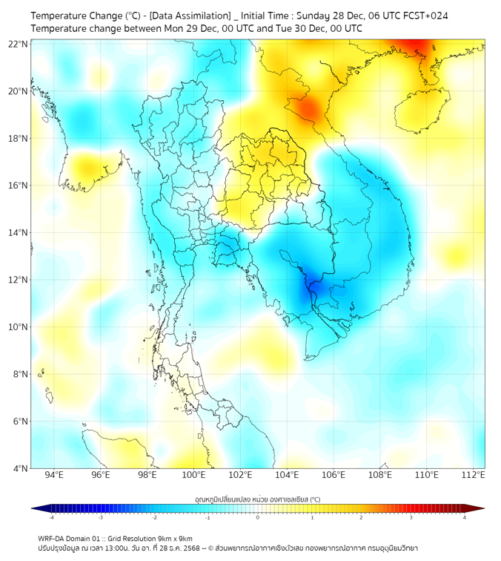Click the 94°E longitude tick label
(x=54, y=475)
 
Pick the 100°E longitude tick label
(x=193, y=475)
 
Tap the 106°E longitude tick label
(x=334, y=475)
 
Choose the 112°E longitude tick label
(x=474, y=475)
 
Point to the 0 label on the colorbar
(x=259, y=517)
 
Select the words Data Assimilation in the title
(x=190, y=16)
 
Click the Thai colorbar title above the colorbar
(x=257, y=499)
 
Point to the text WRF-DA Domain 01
(x=70, y=538)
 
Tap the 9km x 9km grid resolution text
(x=175, y=538)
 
